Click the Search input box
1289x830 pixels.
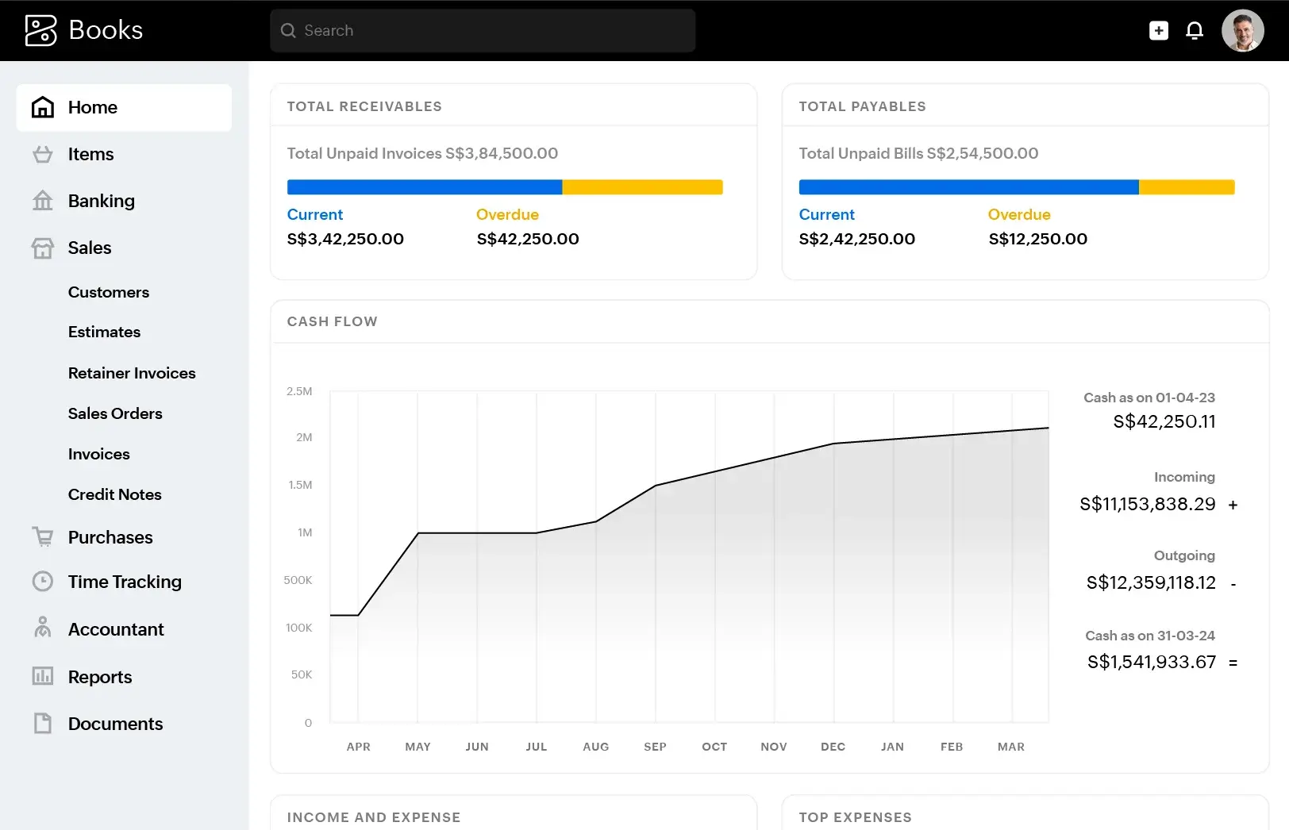[483, 30]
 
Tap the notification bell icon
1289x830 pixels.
[1194, 30]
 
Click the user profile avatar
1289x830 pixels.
[1242, 30]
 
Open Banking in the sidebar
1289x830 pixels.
[101, 201]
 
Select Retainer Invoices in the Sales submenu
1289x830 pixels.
[132, 373]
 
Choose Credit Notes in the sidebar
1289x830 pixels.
[115, 494]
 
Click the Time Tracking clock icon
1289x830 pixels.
[43, 582]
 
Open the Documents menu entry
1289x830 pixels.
[115, 724]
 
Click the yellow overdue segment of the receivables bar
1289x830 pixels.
[642, 187]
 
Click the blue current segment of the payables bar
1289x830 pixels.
[968, 187]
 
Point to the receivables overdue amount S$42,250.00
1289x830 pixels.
[528, 239]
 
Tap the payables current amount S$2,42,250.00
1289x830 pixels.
[856, 239]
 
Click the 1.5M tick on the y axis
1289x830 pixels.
[300, 485]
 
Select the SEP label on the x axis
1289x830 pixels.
[655, 747]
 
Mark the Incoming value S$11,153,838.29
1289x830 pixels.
[1147, 504]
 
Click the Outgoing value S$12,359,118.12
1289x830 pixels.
[1150, 582]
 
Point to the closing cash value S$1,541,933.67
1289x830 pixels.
[1151, 662]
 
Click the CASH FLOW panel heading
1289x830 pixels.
[332, 321]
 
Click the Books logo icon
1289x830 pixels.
[41, 30]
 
